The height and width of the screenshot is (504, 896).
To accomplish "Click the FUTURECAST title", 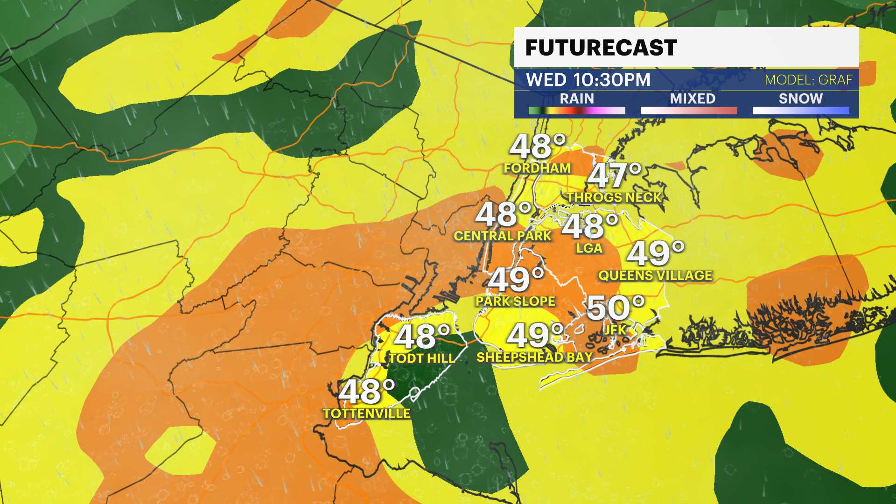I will pos(601,48).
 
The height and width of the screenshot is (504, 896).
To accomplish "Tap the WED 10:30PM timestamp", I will pos(588,80).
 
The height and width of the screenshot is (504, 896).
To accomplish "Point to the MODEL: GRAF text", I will pos(808,80).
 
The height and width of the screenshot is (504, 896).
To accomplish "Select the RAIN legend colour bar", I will pos(577,111).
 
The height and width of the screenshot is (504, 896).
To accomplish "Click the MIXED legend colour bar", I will pos(689,111).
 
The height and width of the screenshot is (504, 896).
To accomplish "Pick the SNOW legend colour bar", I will pos(800,111).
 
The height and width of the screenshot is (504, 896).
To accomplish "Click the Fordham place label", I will pos(537,168).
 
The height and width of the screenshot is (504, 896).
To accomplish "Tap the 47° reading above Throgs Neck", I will pos(615,175).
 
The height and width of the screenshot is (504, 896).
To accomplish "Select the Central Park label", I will pos(503,236).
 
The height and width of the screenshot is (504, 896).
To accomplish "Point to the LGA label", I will pos(589,248).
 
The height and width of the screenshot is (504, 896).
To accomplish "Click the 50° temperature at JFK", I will pos(615,308).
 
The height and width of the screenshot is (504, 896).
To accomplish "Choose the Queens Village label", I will pos(655,275).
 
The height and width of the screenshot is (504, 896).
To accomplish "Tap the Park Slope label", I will pos(515,301).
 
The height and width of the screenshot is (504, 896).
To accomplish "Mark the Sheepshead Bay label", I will pos(534,357).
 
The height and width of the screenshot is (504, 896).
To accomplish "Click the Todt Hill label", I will pos(422,358).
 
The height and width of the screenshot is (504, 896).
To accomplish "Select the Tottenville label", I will pos(367,413).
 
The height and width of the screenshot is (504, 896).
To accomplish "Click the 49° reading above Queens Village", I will pos(655,253).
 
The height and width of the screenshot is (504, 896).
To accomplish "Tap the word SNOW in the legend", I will pos(800,98).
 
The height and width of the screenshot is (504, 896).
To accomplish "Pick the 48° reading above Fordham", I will pos(537,146).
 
